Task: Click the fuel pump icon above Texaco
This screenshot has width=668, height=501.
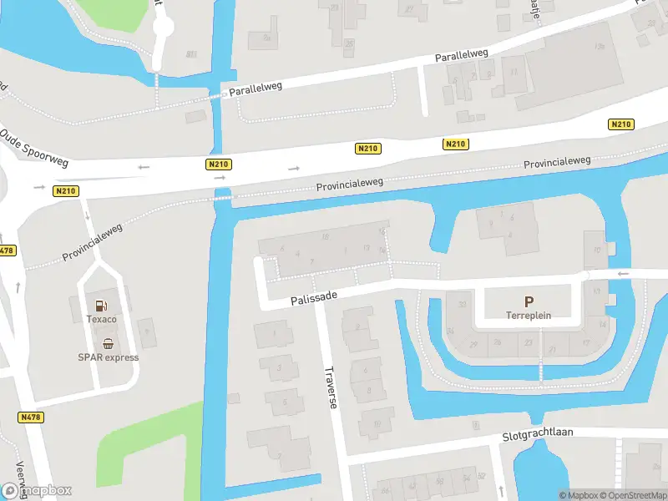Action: (x=101, y=306)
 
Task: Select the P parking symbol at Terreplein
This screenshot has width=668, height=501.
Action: (x=528, y=301)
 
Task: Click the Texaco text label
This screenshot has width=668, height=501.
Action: (x=101, y=319)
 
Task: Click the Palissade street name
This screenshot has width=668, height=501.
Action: (x=314, y=297)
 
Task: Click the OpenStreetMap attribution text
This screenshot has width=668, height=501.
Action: (x=638, y=495)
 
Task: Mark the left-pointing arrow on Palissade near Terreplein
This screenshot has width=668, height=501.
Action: (x=621, y=273)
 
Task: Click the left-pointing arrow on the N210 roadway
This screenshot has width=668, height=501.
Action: (x=144, y=167)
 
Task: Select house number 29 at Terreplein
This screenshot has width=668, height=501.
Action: (x=473, y=344)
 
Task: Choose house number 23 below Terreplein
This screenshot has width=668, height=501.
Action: (x=529, y=342)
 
